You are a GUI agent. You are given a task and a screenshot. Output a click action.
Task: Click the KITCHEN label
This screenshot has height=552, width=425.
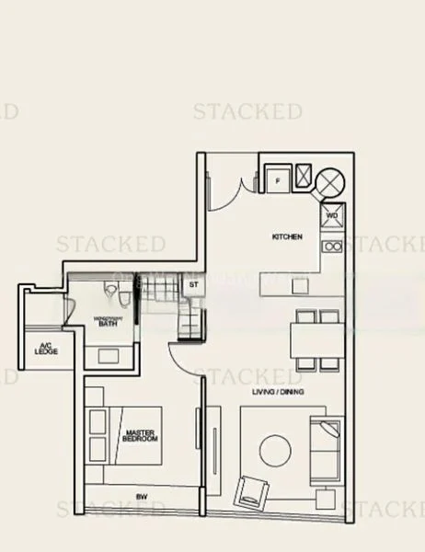(286, 236)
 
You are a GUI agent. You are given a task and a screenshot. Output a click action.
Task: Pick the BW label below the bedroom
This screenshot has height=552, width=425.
(141, 497)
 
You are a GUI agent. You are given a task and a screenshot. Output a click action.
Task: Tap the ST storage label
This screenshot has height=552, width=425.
(193, 286)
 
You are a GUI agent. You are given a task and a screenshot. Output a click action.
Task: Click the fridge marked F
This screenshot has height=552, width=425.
(279, 180)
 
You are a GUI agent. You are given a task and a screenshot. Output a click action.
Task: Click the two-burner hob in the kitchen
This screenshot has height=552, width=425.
(332, 246)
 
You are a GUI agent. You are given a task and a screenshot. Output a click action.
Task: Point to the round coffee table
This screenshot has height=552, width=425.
(280, 449)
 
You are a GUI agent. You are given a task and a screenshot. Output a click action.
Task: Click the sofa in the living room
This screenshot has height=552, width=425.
(326, 450)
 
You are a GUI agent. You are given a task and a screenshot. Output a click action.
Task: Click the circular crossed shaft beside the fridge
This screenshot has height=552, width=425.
(329, 180)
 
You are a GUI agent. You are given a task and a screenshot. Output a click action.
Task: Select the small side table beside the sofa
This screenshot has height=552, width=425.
(324, 498)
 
